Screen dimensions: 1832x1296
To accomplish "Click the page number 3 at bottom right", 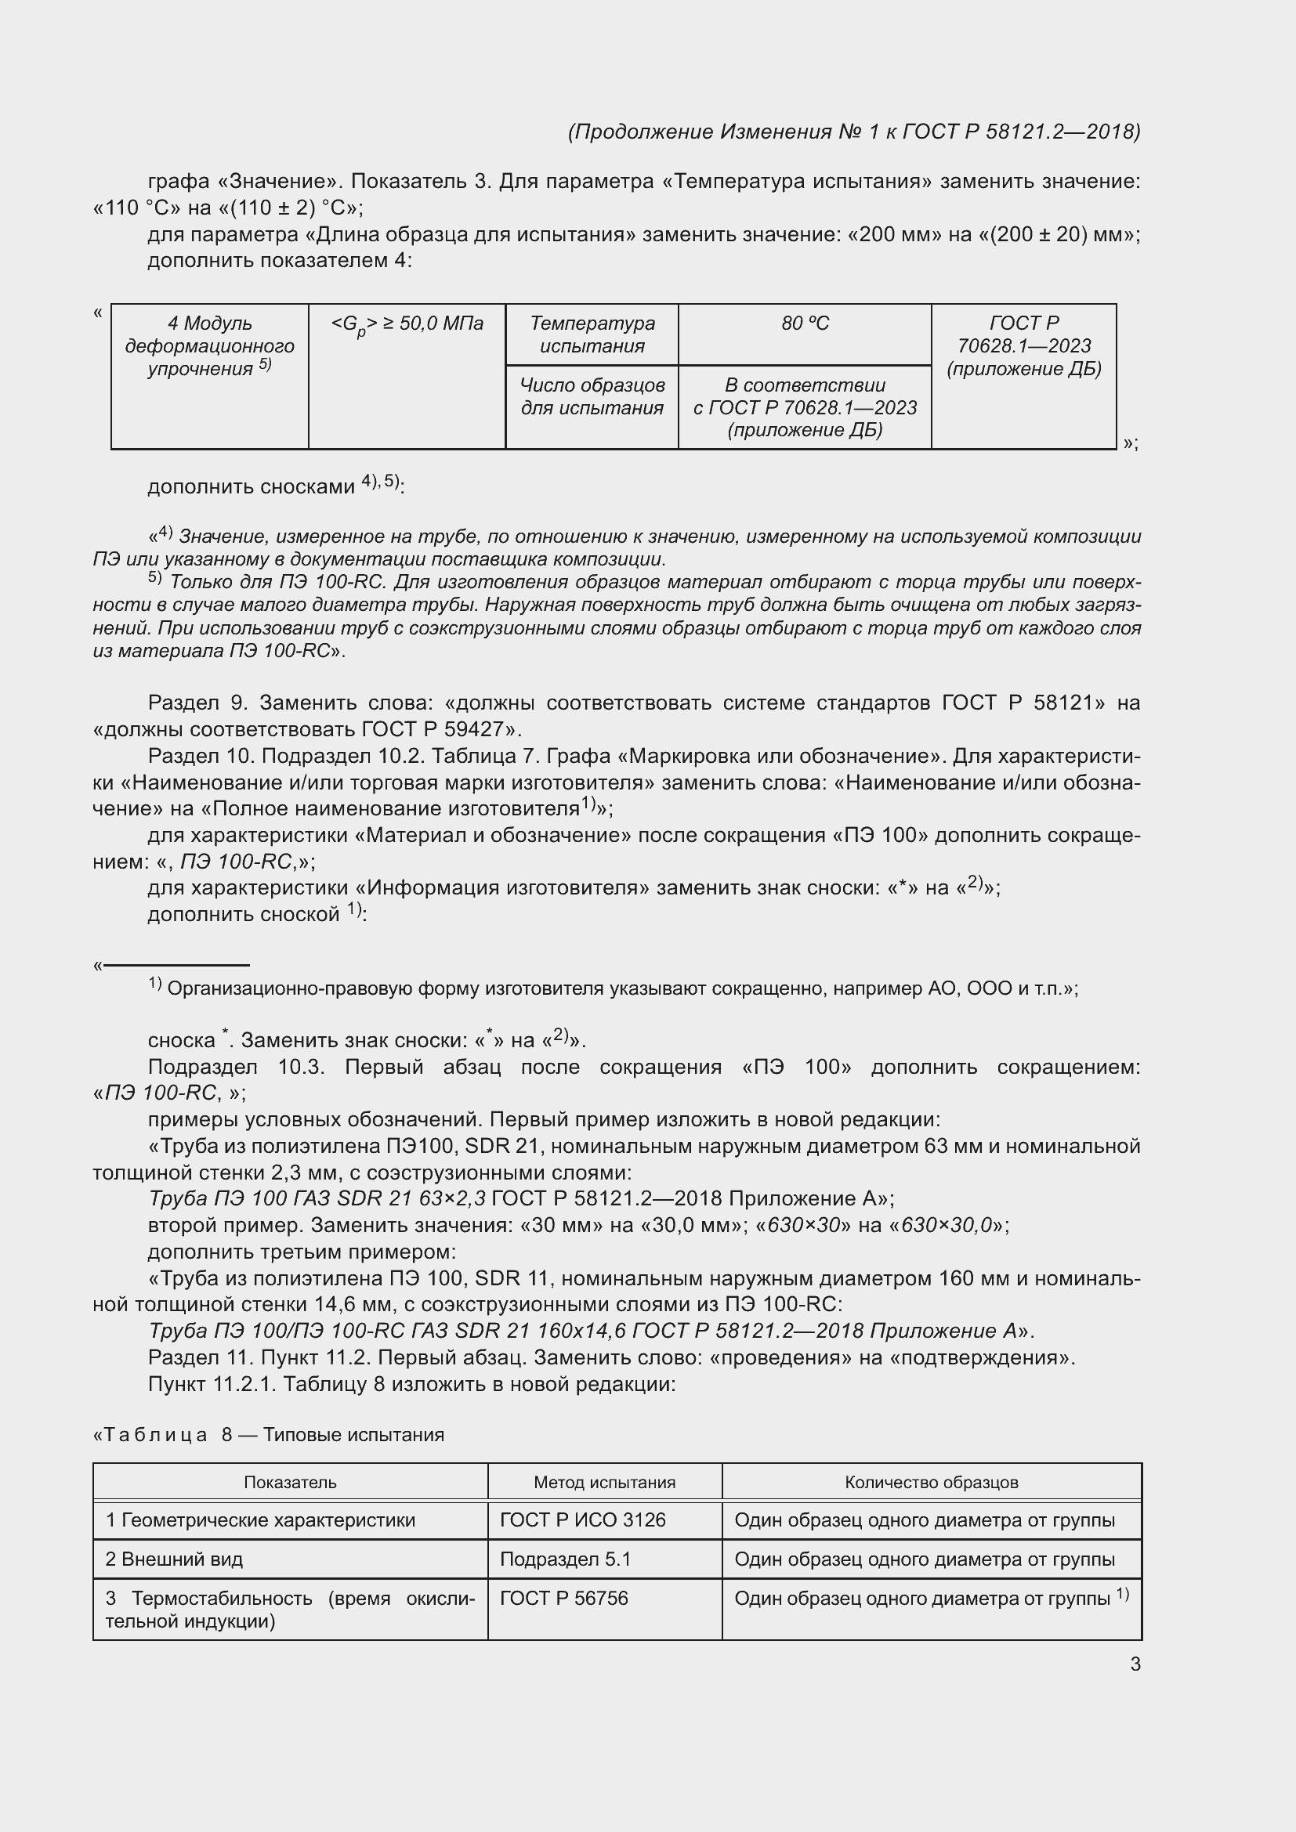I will (1135, 1664).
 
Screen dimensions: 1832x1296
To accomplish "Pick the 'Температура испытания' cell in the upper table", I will (592, 334).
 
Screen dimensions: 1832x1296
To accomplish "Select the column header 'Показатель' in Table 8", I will (290, 1483).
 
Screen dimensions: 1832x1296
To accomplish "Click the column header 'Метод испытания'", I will (604, 1483).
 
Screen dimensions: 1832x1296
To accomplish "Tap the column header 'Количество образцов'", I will (932, 1483).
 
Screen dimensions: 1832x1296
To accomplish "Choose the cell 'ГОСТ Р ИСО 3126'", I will (582, 1520).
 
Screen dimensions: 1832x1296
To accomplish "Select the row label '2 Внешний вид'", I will (174, 1559).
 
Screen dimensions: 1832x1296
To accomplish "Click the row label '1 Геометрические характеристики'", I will (260, 1520).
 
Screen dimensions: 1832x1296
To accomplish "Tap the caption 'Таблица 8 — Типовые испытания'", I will (269, 1435).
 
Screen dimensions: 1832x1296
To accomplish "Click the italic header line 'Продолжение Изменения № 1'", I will (854, 132).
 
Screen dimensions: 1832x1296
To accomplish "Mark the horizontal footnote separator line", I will (176, 966).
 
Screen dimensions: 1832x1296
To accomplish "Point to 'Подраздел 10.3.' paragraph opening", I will (236, 1067).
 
